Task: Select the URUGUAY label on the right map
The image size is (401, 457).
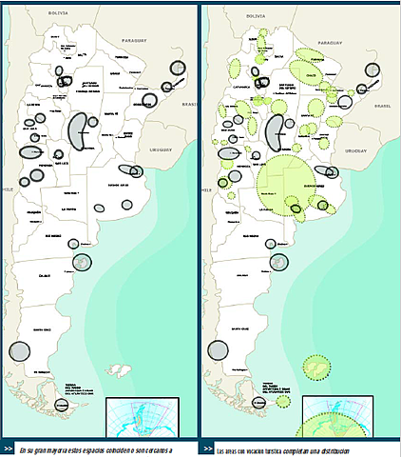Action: [356, 149]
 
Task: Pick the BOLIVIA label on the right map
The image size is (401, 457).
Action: [256, 17]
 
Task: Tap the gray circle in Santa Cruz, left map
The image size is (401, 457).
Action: [19, 350]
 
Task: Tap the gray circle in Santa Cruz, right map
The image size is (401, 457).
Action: [218, 348]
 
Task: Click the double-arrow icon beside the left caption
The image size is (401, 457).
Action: [8, 448]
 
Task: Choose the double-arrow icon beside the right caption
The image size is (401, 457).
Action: [207, 448]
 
